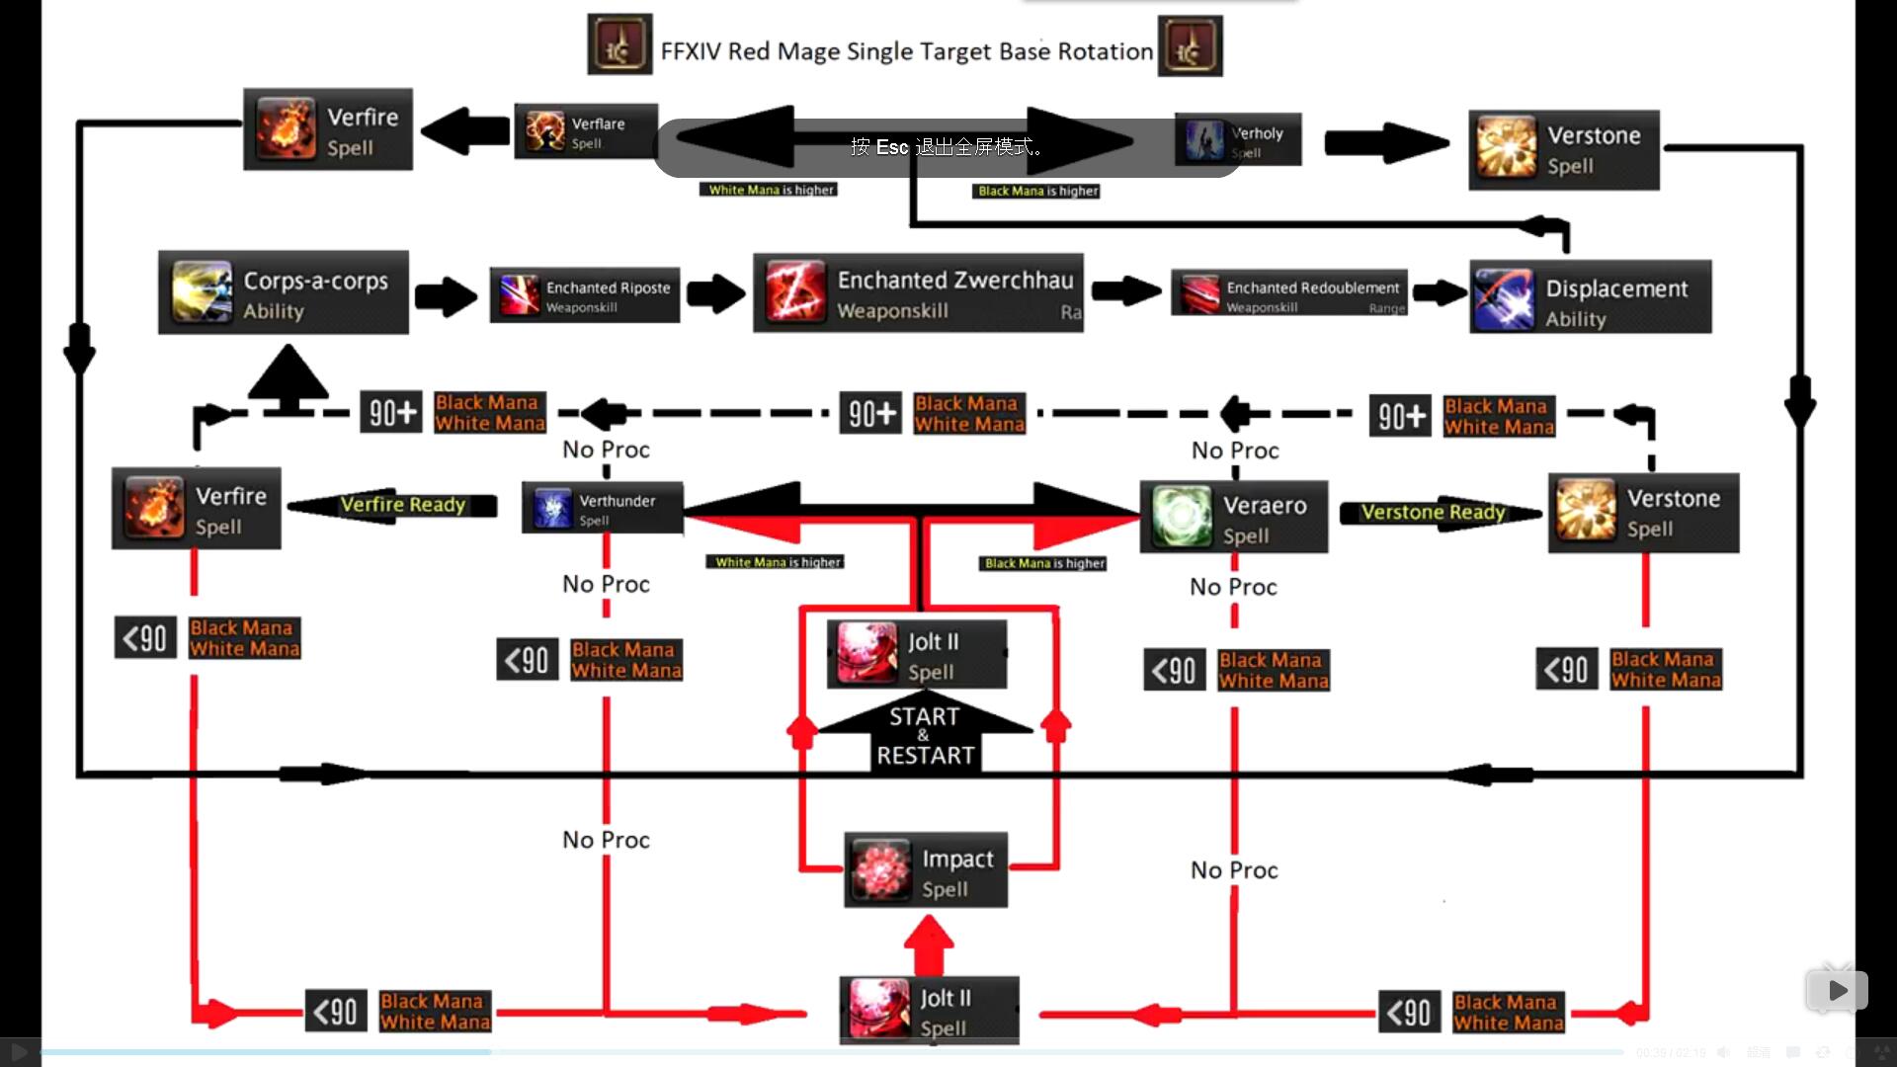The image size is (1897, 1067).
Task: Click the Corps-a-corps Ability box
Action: pos(283,293)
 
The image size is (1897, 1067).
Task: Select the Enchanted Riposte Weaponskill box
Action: pos(585,294)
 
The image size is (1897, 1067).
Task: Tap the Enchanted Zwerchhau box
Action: pos(918,293)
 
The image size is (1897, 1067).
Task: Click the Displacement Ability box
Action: pos(1590,297)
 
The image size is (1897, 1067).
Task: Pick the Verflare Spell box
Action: pos(586,131)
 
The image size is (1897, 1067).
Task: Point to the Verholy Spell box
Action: pos(1238,140)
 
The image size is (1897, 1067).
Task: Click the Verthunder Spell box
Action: pos(603,509)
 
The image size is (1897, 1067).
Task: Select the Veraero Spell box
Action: pos(1234,518)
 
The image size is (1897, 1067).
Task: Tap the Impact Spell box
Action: pos(926,870)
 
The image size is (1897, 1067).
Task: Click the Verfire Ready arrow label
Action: pos(402,506)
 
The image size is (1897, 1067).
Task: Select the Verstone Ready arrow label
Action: pos(1433,513)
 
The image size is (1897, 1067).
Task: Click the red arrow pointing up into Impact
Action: pos(929,944)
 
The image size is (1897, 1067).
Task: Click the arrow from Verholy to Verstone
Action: pos(1385,142)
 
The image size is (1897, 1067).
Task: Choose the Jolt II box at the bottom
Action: pos(929,1011)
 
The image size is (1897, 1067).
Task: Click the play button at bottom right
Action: pos(1837,990)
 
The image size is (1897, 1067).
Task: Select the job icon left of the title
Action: pos(619,45)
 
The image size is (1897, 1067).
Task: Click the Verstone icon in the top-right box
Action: pos(1507,149)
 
